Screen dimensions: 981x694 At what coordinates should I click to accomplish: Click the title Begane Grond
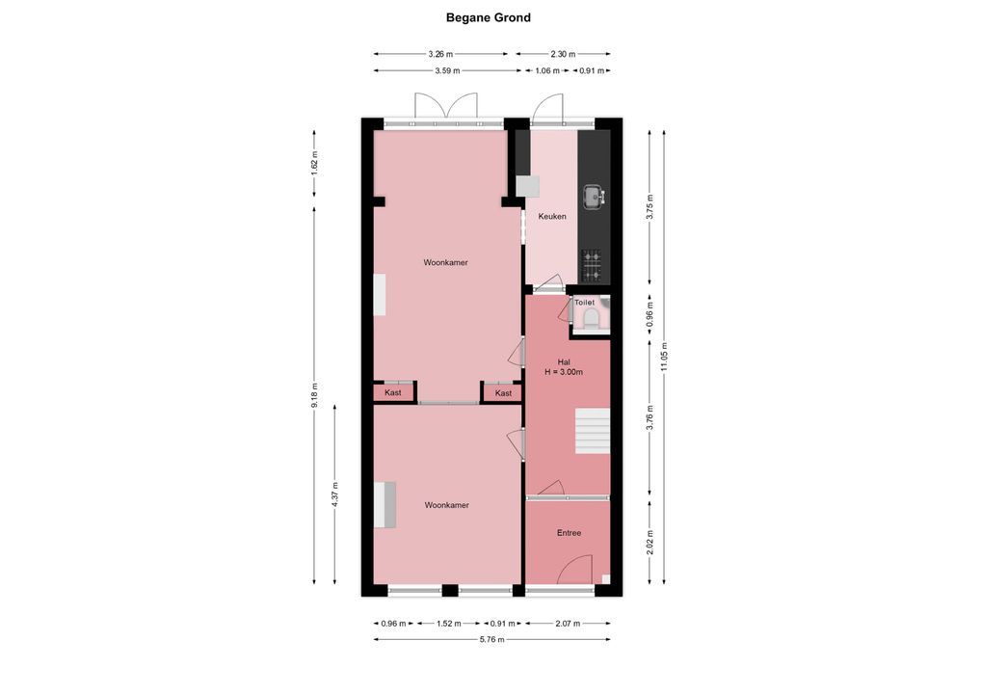click(x=488, y=17)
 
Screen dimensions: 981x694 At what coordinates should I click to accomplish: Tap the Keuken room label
click(x=552, y=216)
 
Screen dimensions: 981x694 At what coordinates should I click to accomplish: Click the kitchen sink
click(x=594, y=197)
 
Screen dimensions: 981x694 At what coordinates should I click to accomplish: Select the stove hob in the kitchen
click(x=592, y=265)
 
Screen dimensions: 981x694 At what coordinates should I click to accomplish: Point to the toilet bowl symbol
click(x=590, y=320)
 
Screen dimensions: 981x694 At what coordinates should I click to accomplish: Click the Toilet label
click(x=584, y=303)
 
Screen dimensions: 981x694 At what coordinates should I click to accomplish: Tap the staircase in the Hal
click(x=593, y=431)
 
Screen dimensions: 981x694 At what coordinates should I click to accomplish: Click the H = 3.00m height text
click(x=564, y=372)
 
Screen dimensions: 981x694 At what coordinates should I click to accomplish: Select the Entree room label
click(x=569, y=532)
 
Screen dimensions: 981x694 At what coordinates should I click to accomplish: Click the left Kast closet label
click(x=393, y=393)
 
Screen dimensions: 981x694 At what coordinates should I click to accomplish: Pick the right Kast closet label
click(x=503, y=393)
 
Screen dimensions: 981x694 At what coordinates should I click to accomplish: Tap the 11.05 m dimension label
click(x=664, y=357)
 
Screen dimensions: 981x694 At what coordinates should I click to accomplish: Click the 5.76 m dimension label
click(x=491, y=640)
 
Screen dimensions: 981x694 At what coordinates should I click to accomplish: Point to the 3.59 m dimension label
click(x=447, y=70)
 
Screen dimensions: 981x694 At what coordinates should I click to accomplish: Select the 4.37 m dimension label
click(x=334, y=494)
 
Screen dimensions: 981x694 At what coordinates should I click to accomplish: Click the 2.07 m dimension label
click(x=568, y=624)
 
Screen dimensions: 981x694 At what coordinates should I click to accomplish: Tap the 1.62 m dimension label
click(x=315, y=163)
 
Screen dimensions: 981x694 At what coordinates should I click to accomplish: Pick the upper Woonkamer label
click(x=445, y=263)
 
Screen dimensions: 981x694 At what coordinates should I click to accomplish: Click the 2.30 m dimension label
click(x=563, y=54)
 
